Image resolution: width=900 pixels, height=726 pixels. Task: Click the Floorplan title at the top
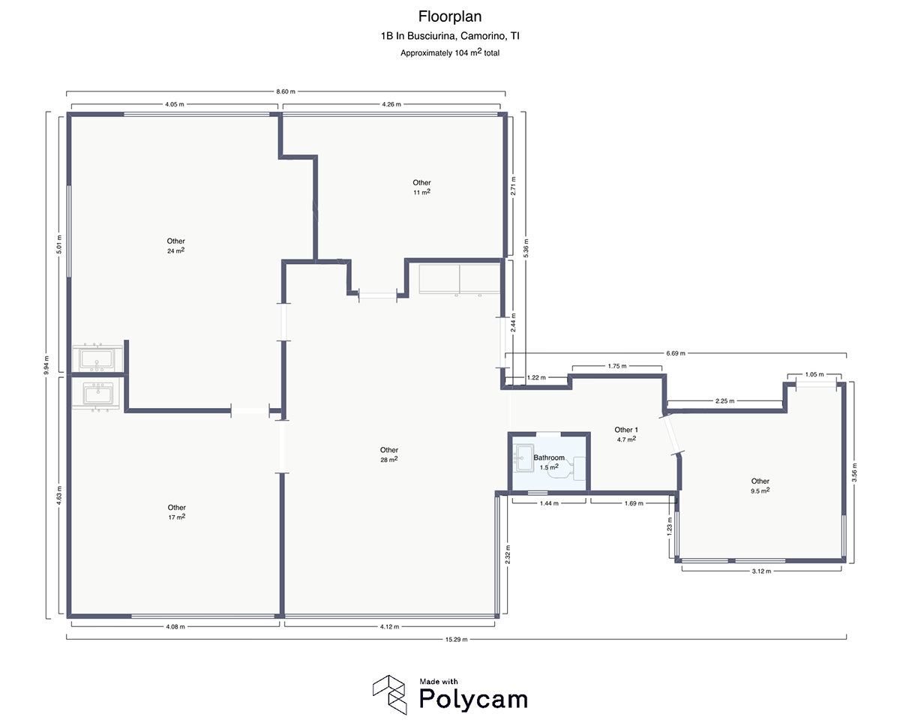449,16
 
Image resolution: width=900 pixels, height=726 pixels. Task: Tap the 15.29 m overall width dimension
457,639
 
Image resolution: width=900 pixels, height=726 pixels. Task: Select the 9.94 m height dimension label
46,364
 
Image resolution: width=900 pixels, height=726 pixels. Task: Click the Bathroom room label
549,457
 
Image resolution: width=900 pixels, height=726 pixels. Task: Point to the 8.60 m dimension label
286,91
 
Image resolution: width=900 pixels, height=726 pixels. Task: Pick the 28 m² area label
388,460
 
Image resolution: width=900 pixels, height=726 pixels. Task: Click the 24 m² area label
176,251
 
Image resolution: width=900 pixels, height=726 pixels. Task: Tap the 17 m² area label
177,517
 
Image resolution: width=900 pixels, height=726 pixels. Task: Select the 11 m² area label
421,192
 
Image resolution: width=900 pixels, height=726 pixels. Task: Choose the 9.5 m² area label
760,490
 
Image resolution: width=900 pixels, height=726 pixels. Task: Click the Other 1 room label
625,430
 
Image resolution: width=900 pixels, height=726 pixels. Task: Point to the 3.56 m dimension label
854,474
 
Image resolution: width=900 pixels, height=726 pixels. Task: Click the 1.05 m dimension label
814,374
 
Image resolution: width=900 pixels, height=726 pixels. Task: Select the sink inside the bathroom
523,455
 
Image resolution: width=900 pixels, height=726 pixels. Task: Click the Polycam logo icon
390,694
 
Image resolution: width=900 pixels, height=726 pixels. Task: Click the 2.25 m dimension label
724,401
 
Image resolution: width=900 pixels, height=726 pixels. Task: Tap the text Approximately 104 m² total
449,52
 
